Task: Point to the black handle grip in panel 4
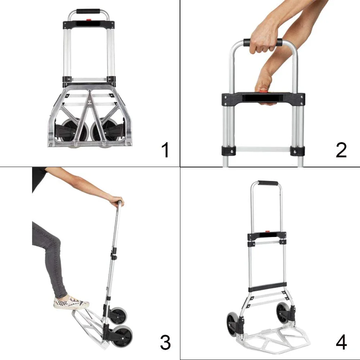268,183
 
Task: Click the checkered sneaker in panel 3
71,303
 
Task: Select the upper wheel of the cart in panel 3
118,315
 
